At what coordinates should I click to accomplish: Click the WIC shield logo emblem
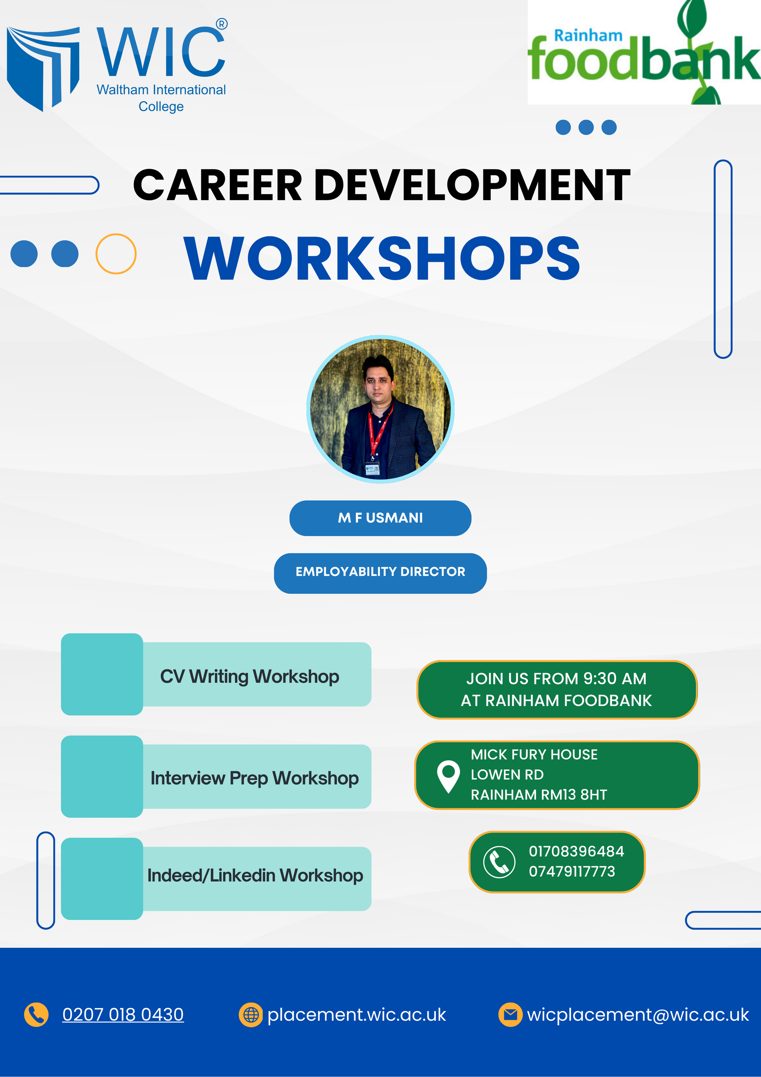click(43, 68)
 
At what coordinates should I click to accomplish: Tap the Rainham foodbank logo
click(644, 52)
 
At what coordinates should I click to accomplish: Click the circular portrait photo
click(380, 409)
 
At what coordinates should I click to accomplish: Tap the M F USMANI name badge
click(380, 518)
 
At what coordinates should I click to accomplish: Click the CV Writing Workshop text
click(249, 676)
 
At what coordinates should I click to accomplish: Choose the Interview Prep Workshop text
click(255, 778)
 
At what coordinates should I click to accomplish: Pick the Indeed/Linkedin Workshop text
click(255, 875)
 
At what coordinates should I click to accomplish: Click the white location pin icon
click(448, 776)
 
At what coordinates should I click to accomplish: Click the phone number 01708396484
click(576, 851)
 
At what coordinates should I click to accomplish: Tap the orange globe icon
click(251, 1015)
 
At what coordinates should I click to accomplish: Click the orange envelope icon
click(510, 1015)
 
